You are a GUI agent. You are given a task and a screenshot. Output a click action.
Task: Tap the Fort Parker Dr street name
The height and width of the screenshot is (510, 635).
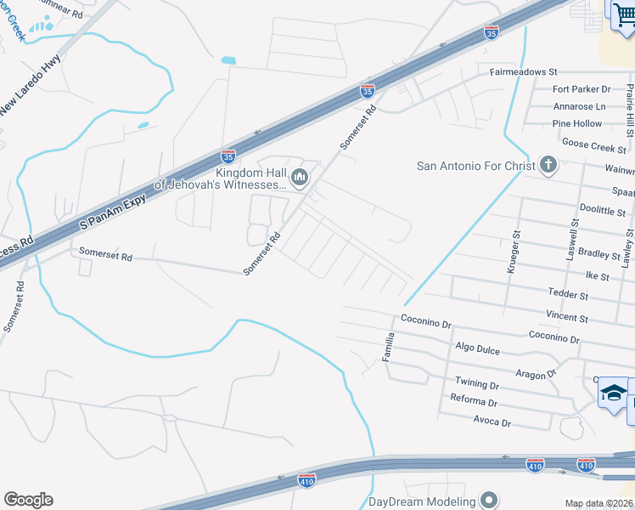pyautogui.click(x=582, y=89)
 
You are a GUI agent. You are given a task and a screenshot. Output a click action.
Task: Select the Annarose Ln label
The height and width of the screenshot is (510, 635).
pyautogui.click(x=578, y=107)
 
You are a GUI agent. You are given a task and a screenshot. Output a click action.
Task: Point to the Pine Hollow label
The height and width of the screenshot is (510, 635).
pyautogui.click(x=576, y=124)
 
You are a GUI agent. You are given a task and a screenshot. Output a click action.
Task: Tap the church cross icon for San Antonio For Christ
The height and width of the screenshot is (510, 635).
pyautogui.click(x=548, y=165)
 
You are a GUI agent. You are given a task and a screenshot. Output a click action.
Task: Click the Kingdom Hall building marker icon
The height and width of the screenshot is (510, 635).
pyautogui.click(x=298, y=178)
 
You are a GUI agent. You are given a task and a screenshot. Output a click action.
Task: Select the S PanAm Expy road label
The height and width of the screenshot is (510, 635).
pyautogui.click(x=113, y=212)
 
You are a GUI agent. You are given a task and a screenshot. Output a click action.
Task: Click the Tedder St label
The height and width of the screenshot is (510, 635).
pyautogui.click(x=567, y=296)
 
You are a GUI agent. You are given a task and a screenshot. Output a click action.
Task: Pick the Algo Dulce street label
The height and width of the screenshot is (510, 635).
pyautogui.click(x=476, y=348)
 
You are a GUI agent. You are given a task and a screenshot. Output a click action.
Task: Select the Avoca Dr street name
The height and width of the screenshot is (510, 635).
pyautogui.click(x=492, y=422)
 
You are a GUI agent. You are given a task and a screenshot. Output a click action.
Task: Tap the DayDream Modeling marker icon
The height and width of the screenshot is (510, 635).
pyautogui.click(x=488, y=501)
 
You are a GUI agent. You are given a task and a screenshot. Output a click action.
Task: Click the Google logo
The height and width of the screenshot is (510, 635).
pyautogui.click(x=28, y=500)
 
